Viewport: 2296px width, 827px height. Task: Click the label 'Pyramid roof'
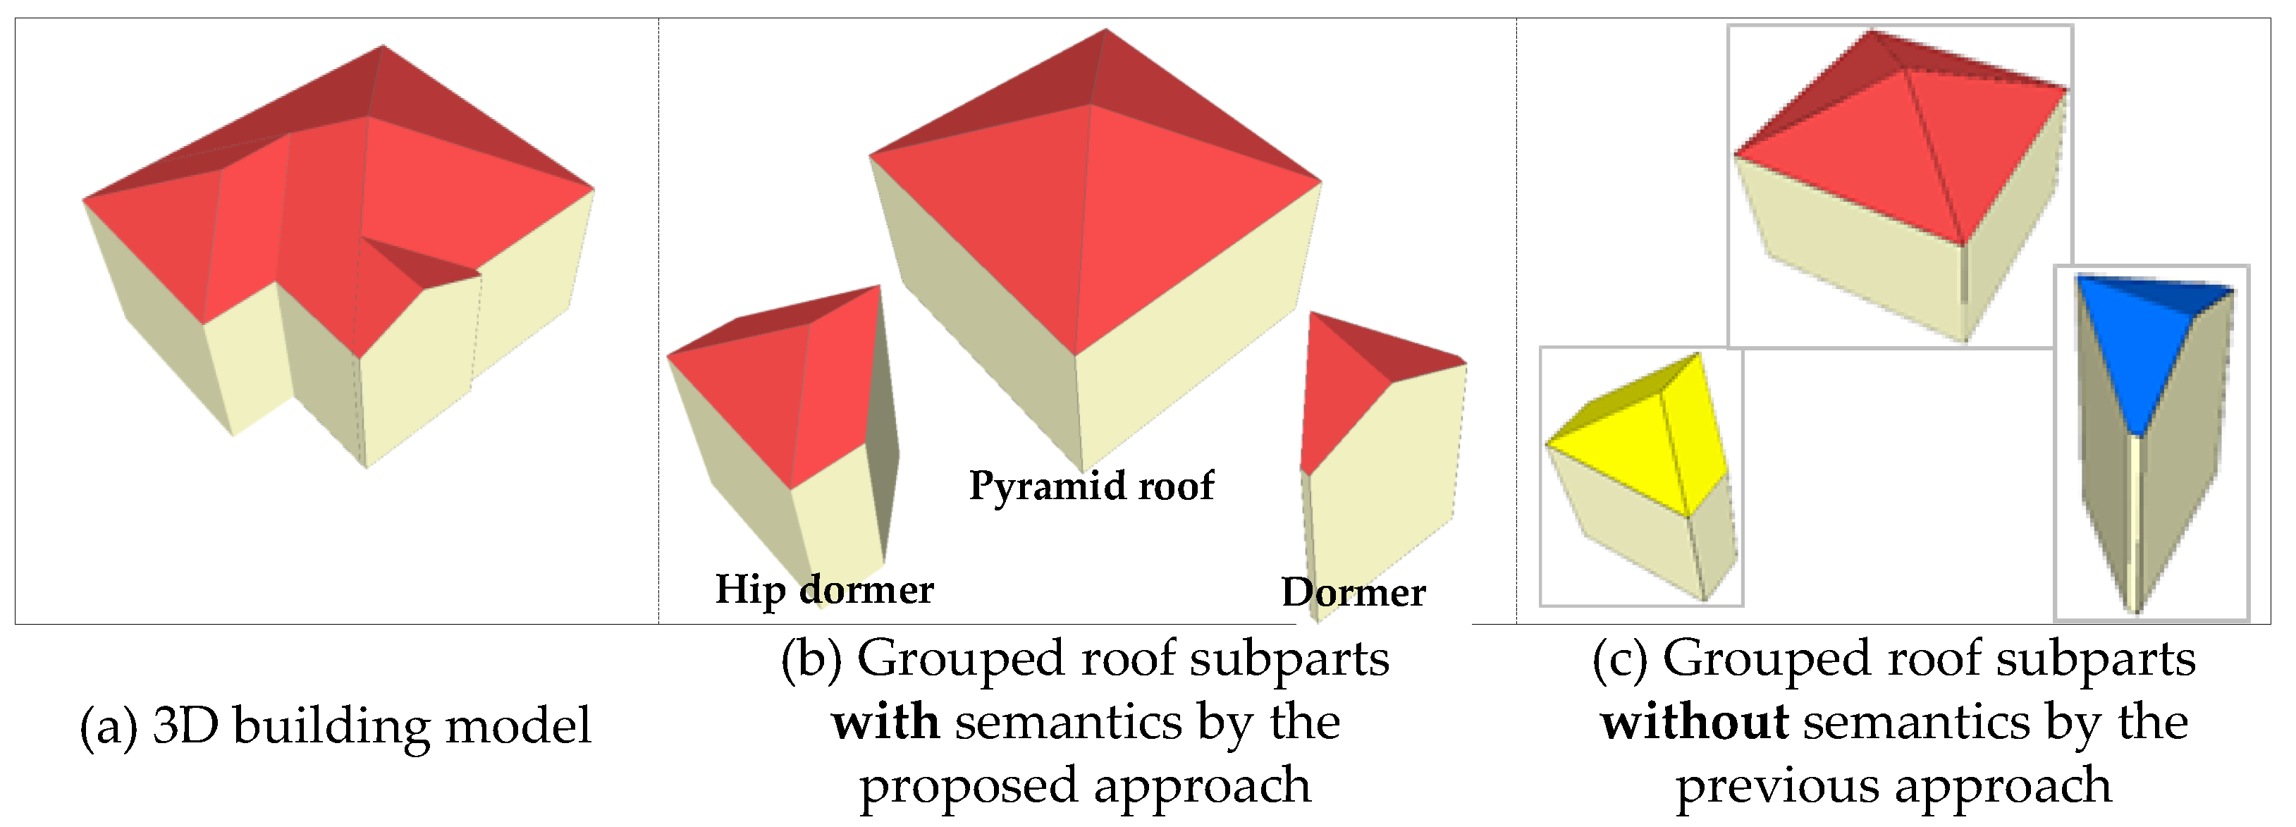pos(1091,486)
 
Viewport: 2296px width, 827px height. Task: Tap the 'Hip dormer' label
pos(825,589)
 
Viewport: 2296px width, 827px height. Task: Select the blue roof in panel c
pos(2139,348)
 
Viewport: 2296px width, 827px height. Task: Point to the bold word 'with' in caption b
pos(885,722)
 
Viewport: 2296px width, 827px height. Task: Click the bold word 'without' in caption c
pos(1693,722)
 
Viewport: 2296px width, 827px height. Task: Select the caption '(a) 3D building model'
pos(335,725)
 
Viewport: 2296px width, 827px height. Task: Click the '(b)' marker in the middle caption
pos(811,659)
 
